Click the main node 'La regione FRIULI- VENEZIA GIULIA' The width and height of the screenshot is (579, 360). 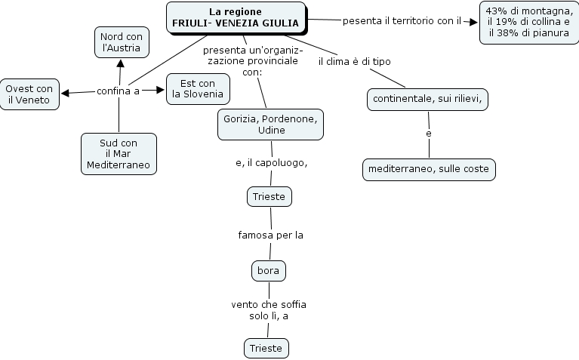pyautogui.click(x=236, y=18)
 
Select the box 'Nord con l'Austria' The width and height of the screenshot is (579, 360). pyautogui.click(x=121, y=42)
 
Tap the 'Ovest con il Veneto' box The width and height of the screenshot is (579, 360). pyautogui.click(x=29, y=94)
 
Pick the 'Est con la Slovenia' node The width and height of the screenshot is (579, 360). pyautogui.click(x=198, y=88)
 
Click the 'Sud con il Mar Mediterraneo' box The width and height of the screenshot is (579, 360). pyautogui.click(x=119, y=153)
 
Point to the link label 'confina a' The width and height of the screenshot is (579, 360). pyautogui.click(x=119, y=91)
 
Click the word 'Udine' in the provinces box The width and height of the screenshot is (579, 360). pyautogui.click(x=271, y=130)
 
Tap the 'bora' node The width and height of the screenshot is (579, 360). pyautogui.click(x=268, y=269)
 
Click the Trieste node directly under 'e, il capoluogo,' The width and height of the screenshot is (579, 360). pyautogui.click(x=269, y=197)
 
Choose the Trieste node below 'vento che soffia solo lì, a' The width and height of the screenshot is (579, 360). pyautogui.click(x=267, y=348)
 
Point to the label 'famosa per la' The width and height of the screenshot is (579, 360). pyautogui.click(x=270, y=235)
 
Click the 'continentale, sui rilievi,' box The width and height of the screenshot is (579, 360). pyautogui.click(x=427, y=99)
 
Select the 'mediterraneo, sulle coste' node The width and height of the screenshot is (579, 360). pyautogui.click(x=429, y=169)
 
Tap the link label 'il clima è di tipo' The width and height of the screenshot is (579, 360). pyautogui.click(x=354, y=61)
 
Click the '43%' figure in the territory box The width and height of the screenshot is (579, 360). pyautogui.click(x=497, y=11)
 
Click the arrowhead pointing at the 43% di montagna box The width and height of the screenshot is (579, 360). pyautogui.click(x=474, y=21)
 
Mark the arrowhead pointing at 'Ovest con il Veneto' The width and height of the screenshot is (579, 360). pyautogui.click(x=65, y=93)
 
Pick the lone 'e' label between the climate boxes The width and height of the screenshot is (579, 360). pyautogui.click(x=429, y=134)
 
